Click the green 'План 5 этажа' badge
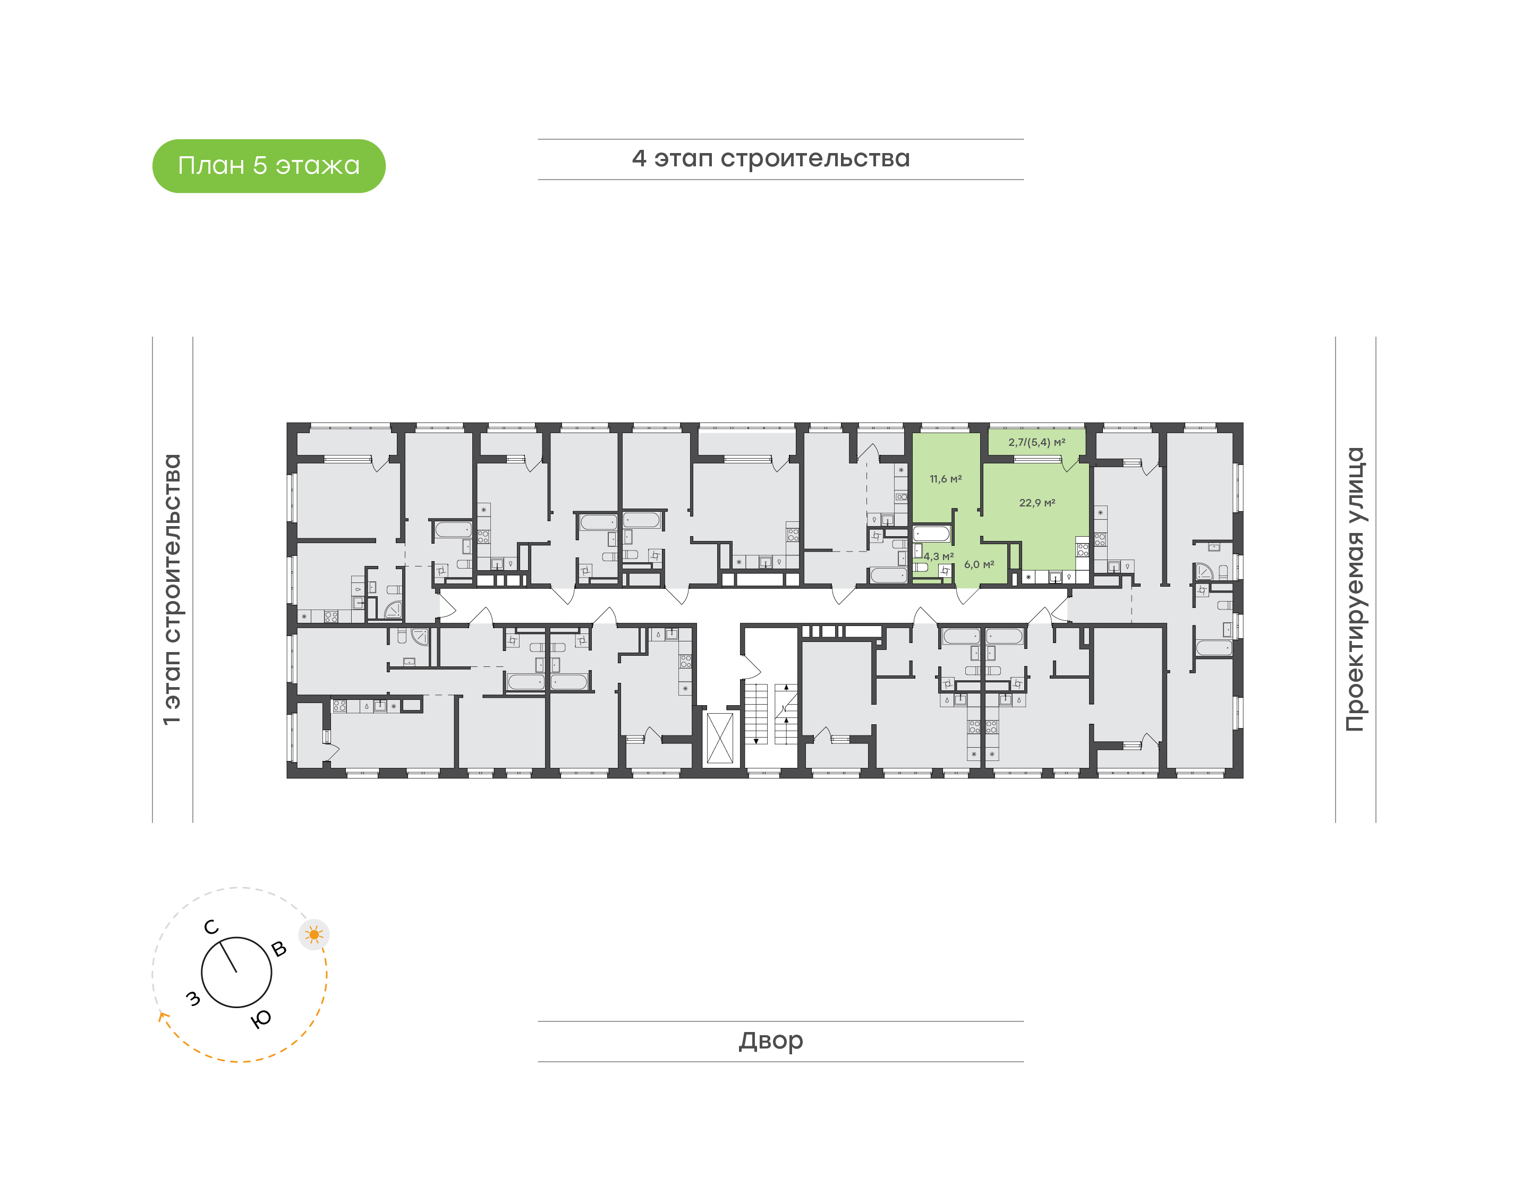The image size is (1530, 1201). pyautogui.click(x=268, y=166)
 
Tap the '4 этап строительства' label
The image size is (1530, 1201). pyautogui.click(x=771, y=159)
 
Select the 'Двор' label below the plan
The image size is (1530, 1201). pyautogui.click(x=771, y=1041)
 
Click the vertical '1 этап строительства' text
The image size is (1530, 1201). pyautogui.click(x=172, y=589)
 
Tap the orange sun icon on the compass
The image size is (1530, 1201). pyautogui.click(x=314, y=935)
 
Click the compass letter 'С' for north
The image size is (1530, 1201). pyautogui.click(x=211, y=927)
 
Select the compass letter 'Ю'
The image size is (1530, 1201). pyautogui.click(x=261, y=1019)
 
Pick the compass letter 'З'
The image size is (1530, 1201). pyautogui.click(x=192, y=999)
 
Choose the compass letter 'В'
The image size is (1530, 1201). pyautogui.click(x=279, y=949)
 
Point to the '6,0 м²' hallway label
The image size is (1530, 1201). pyautogui.click(x=979, y=565)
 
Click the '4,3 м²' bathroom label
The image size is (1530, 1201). pyautogui.click(x=939, y=556)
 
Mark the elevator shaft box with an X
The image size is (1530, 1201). pyautogui.click(x=720, y=737)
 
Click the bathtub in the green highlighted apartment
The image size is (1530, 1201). pyautogui.click(x=931, y=534)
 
